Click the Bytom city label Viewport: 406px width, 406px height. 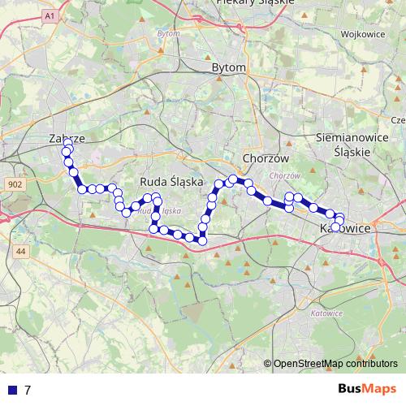pyautogui.click(x=227, y=68)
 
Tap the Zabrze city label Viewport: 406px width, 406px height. pyautogui.click(x=67, y=139)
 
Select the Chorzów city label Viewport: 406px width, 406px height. pyautogui.click(x=261, y=158)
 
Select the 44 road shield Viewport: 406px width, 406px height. pyautogui.click(x=20, y=253)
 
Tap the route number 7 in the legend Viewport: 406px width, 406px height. pyautogui.click(x=28, y=390)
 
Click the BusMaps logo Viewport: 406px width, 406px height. pyautogui.click(x=368, y=389)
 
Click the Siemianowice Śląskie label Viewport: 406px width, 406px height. pyautogui.click(x=350, y=145)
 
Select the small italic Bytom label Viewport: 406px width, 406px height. pyautogui.click(x=168, y=33)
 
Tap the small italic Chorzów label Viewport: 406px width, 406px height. pyautogui.click(x=284, y=175)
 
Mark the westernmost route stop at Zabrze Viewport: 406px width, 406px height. pyautogui.click(x=65, y=152)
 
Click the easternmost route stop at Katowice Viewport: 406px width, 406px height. pyautogui.click(x=341, y=221)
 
